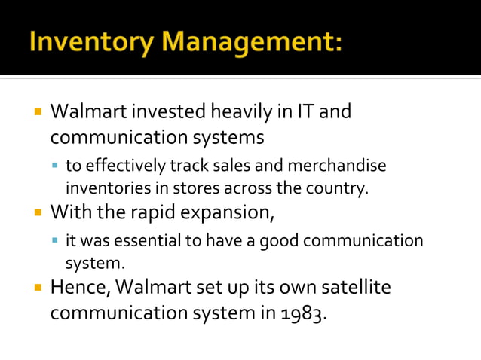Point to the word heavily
coord(239,113)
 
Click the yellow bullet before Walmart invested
coord(37,114)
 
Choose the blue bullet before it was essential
coord(56,242)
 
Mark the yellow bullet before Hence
coord(37,288)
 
